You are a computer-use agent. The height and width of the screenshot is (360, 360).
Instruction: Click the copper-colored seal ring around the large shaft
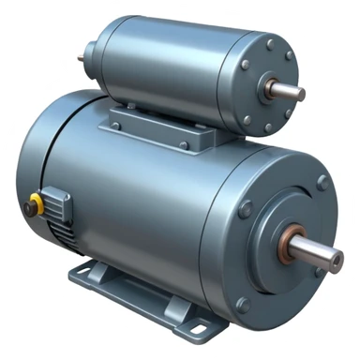[x=284, y=241]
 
